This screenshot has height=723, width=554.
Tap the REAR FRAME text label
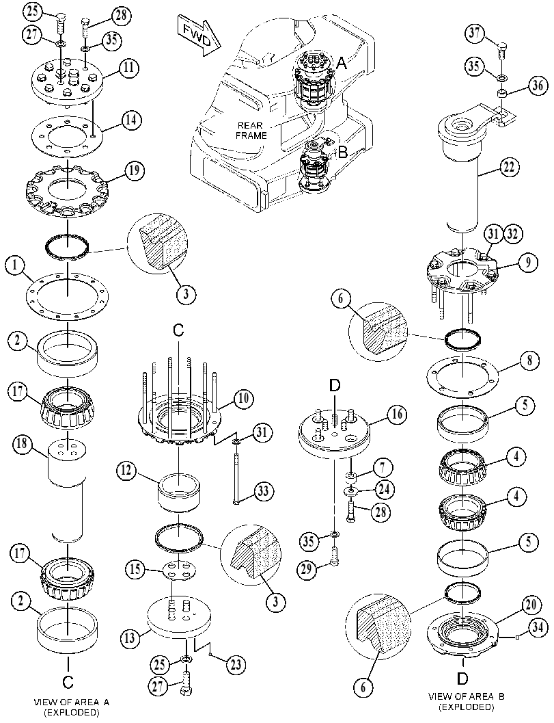pyautogui.click(x=251, y=131)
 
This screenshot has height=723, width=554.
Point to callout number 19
pyautogui.click(x=134, y=171)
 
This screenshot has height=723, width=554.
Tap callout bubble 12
pyautogui.click(x=127, y=471)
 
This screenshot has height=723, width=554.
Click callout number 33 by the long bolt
pyautogui.click(x=262, y=491)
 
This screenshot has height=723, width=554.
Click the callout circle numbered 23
pyautogui.click(x=235, y=664)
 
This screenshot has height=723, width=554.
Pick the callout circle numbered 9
pyautogui.click(x=527, y=262)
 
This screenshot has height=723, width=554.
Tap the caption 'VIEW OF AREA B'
pyautogui.click(x=467, y=696)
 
